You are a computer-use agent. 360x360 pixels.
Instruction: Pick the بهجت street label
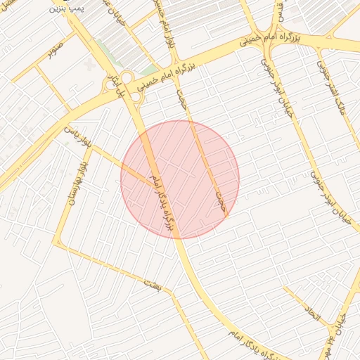coord(182,98)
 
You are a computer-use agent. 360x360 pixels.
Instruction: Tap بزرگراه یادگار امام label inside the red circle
coord(158,202)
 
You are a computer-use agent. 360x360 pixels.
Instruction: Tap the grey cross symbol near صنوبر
coord(89,64)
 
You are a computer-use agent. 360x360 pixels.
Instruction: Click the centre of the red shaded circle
coord(180,179)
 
